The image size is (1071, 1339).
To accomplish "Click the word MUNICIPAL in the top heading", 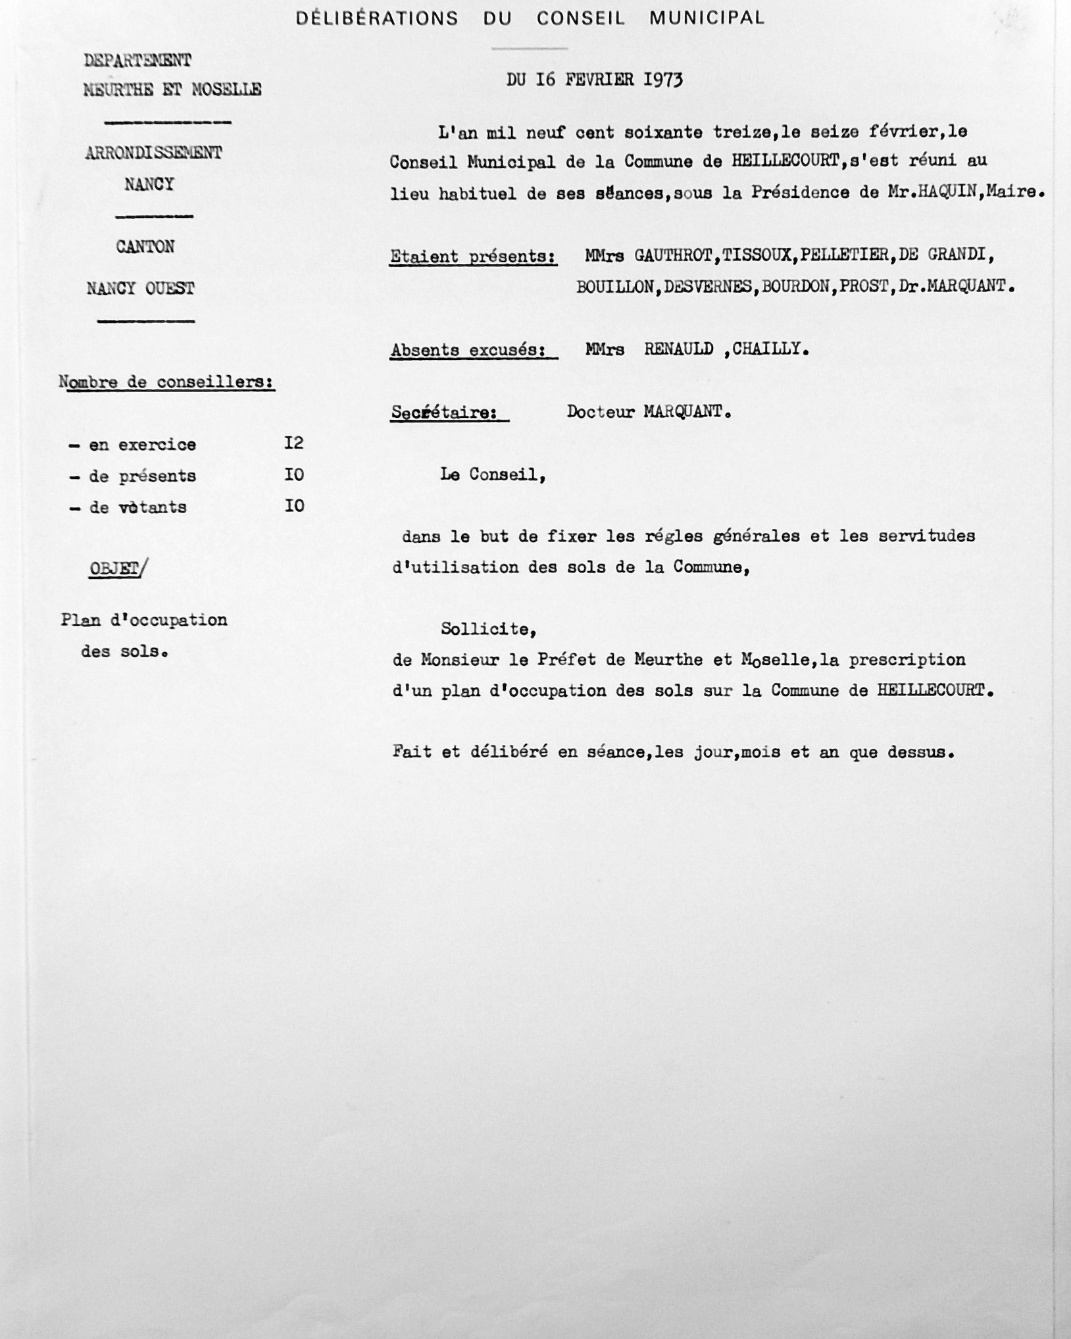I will [707, 18].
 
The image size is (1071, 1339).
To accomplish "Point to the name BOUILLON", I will [616, 287].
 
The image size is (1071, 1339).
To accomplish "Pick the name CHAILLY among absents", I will [770, 349].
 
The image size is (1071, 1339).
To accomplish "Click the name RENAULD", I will [678, 349].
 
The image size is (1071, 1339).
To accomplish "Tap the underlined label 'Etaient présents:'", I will [472, 257].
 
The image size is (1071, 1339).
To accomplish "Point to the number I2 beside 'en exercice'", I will [293, 443].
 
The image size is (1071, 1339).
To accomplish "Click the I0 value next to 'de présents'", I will [293, 474].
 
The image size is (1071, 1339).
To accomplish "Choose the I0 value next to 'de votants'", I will [293, 506].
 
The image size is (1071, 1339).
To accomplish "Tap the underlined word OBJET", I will [114, 569].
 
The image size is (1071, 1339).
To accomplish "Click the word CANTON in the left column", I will [145, 247].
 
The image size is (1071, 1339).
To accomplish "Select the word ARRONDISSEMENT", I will [153, 153].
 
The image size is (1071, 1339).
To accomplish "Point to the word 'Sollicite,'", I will [489, 630].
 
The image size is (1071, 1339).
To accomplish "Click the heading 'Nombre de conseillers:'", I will [167, 382].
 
